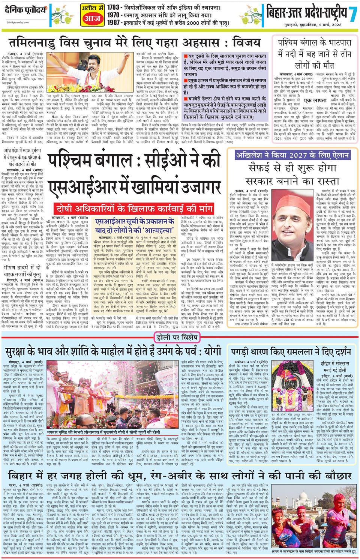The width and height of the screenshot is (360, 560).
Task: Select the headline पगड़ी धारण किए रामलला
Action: coord(291,353)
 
